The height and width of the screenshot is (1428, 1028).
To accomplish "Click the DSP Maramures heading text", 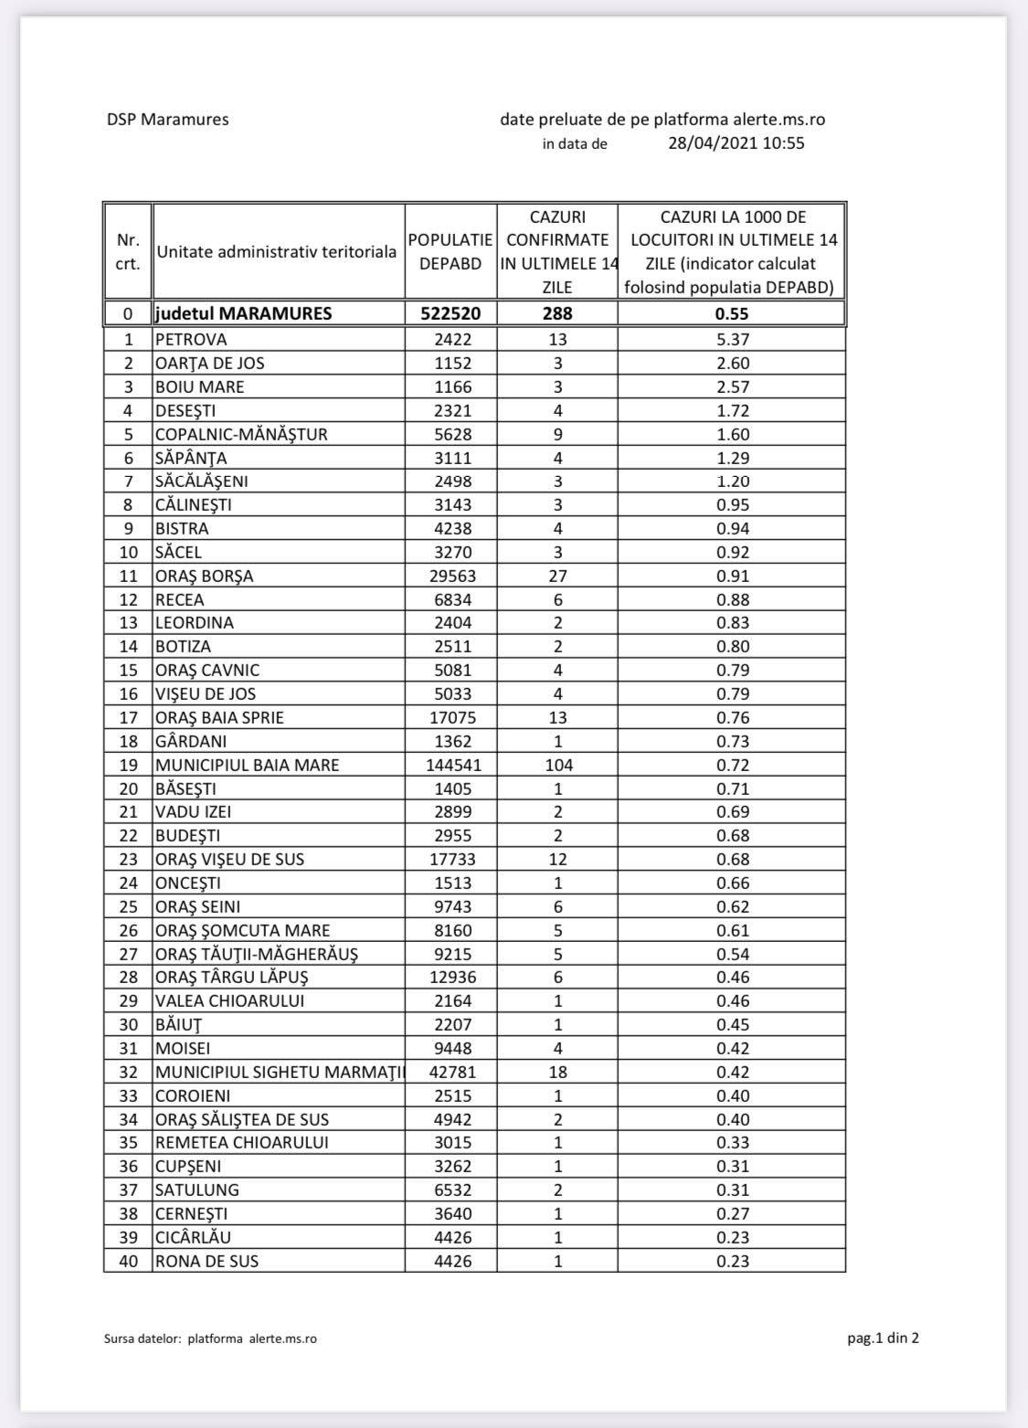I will tap(167, 119).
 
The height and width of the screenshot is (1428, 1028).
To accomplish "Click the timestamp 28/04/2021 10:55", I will tap(737, 143).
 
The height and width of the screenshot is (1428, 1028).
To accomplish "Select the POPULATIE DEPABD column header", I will tap(450, 251).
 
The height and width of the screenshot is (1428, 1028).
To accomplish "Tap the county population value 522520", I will tap(450, 313).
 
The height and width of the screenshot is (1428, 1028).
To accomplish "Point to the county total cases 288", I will tap(557, 313).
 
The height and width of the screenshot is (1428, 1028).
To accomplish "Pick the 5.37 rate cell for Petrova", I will tap(732, 339).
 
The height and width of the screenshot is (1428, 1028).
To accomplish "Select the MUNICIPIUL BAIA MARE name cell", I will tap(247, 765).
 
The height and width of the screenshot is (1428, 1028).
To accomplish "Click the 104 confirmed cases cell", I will tap(557, 765).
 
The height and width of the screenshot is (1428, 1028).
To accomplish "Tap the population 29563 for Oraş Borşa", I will tap(450, 576).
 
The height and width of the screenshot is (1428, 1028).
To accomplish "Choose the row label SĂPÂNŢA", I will tap(191, 457).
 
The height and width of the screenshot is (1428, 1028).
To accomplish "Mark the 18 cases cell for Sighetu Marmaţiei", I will tap(557, 1072).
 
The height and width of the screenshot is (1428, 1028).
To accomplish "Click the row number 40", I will tap(128, 1261).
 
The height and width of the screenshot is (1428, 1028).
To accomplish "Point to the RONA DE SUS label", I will tap(207, 1261).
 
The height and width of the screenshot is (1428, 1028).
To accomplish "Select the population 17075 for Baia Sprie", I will tap(450, 717).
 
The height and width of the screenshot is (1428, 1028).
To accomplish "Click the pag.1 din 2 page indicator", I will tap(882, 1338).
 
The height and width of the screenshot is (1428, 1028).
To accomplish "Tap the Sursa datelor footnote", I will tap(211, 1338).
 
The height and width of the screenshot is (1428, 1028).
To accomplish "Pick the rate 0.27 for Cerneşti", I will tap(732, 1213).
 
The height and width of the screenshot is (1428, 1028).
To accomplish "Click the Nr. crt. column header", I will tap(128, 251).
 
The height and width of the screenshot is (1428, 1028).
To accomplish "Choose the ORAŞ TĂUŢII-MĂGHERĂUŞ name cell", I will tap(257, 954).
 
